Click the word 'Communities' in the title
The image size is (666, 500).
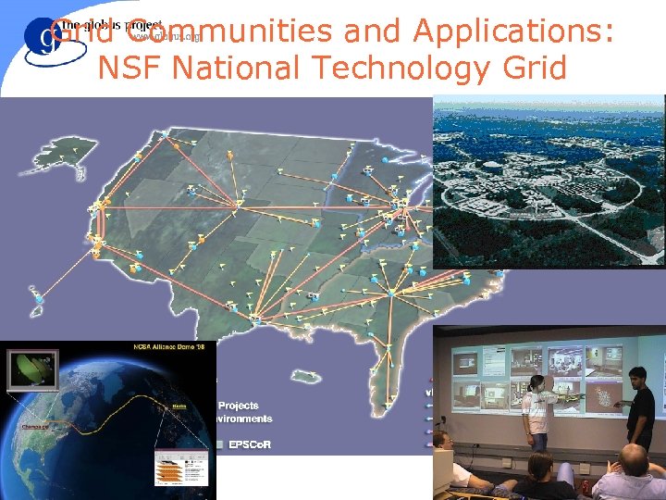pyautogui.click(x=235, y=31)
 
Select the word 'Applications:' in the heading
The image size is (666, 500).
pyautogui.click(x=513, y=31)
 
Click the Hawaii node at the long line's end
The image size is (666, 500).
pyautogui.click(x=40, y=301)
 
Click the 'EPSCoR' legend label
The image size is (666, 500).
pyautogui.click(x=251, y=443)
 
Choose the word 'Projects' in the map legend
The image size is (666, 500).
pyautogui.click(x=238, y=406)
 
